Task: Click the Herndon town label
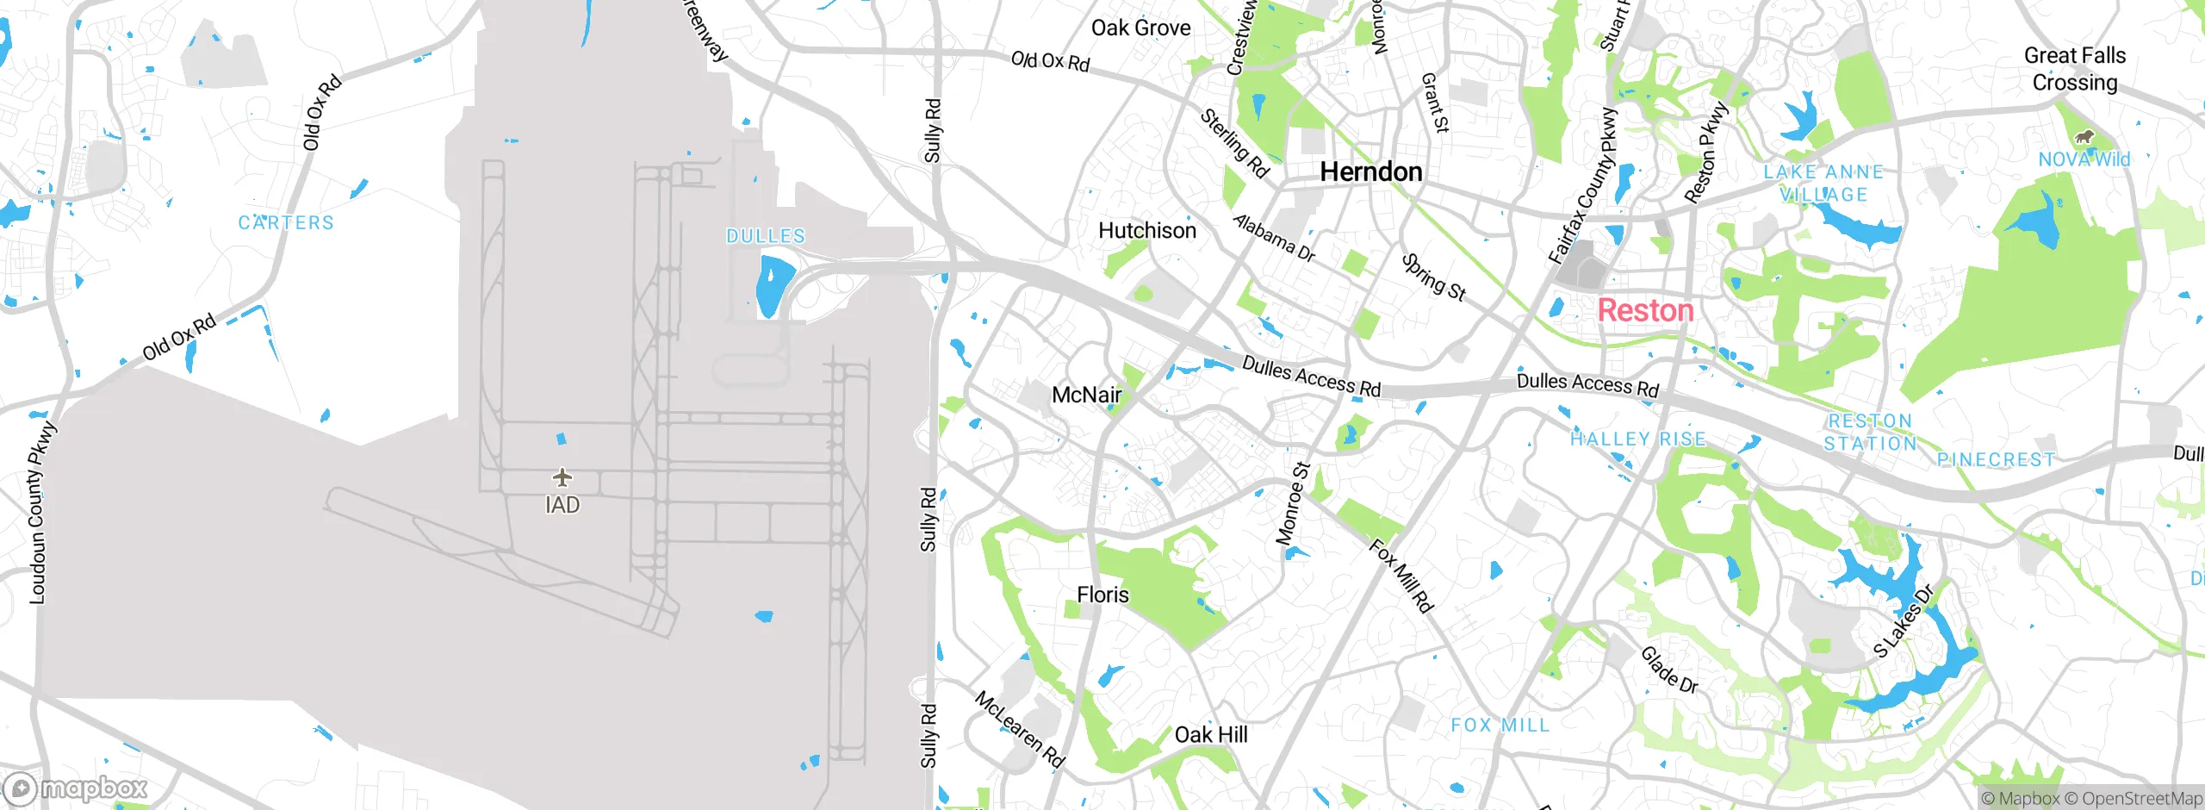pyautogui.click(x=1370, y=171)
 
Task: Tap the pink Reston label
pyautogui.click(x=1645, y=310)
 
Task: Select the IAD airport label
pyautogui.click(x=562, y=505)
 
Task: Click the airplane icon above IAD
pyautogui.click(x=562, y=477)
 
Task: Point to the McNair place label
pyautogui.click(x=1087, y=395)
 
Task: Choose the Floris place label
pyautogui.click(x=1102, y=595)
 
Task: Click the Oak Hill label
pyautogui.click(x=1210, y=734)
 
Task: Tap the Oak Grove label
pyautogui.click(x=1140, y=28)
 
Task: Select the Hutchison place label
pyautogui.click(x=1147, y=230)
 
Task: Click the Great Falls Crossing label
pyautogui.click(x=2074, y=69)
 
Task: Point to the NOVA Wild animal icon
pyautogui.click(x=2084, y=137)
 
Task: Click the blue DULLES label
pyautogui.click(x=766, y=236)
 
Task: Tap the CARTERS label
pyautogui.click(x=286, y=222)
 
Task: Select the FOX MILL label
pyautogui.click(x=1500, y=726)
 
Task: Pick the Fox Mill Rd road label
pyautogui.click(x=1401, y=576)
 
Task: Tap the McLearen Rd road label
pyautogui.click(x=1020, y=729)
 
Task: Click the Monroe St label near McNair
pyautogui.click(x=1293, y=503)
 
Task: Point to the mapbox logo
pyautogui.click(x=76, y=788)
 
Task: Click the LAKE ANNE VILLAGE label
pyautogui.click(x=1823, y=183)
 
